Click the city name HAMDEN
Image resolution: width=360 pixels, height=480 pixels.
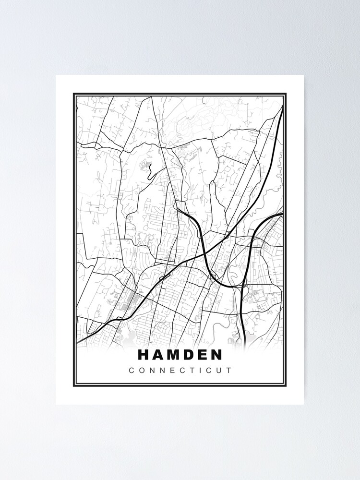click(x=180, y=355)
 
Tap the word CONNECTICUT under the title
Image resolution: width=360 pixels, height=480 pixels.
click(x=180, y=371)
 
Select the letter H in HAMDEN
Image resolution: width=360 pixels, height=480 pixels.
click(x=144, y=355)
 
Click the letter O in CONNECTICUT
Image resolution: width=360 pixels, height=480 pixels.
click(x=142, y=371)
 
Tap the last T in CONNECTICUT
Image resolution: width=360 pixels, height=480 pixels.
click(x=228, y=371)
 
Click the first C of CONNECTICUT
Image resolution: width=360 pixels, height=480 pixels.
click(x=131, y=371)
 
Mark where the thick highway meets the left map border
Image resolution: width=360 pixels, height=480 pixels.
click(x=77, y=342)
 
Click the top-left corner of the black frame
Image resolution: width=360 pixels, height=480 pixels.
click(x=74, y=94)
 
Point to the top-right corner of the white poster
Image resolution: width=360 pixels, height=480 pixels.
click(x=304, y=75)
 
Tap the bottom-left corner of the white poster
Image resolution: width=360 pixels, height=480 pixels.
click(x=56, y=404)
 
